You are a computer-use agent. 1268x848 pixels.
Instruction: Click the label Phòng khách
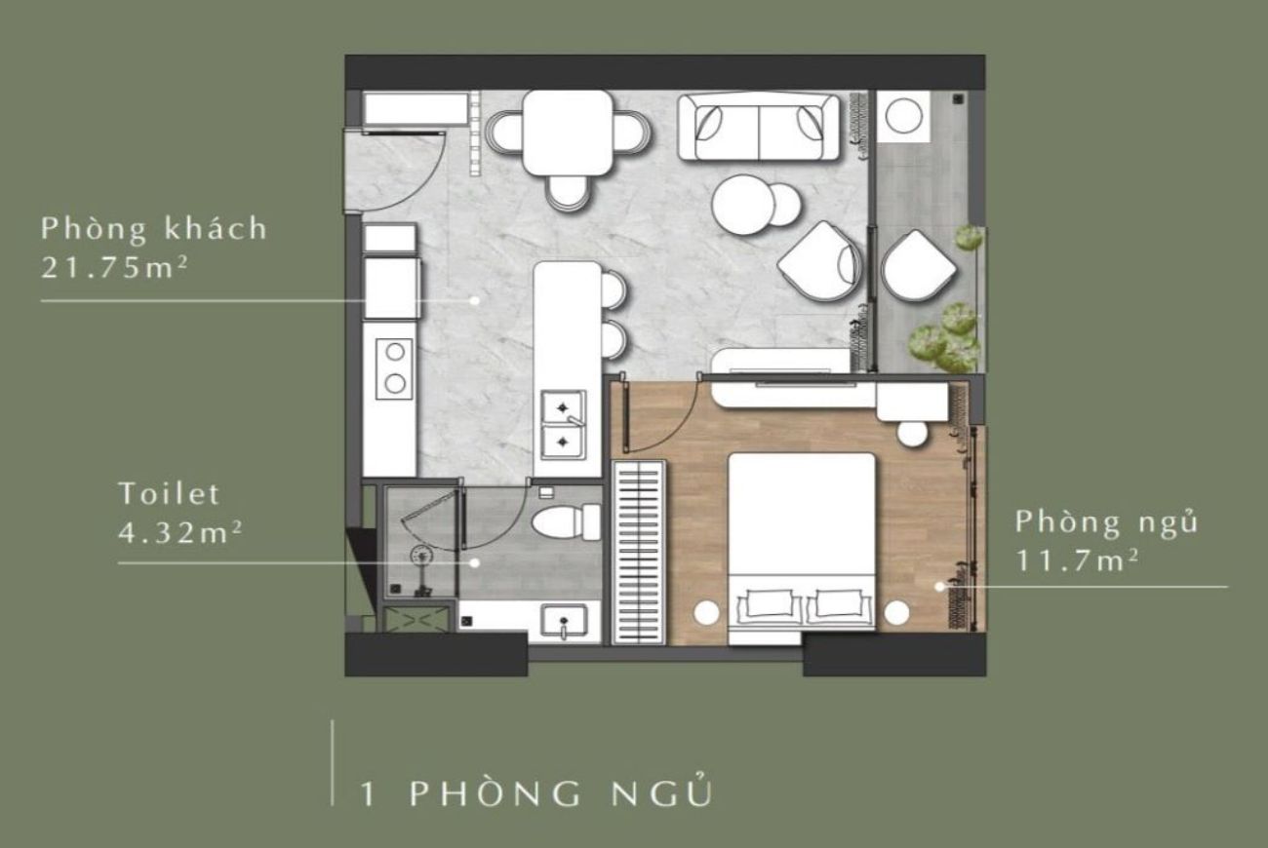153,229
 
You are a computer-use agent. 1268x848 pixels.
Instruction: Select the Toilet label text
169,493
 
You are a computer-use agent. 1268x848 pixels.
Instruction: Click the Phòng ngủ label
1106,522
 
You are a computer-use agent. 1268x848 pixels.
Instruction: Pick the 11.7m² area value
1076,561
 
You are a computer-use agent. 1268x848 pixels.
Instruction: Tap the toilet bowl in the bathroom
566,521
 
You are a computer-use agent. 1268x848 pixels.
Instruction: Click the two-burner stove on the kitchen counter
394,366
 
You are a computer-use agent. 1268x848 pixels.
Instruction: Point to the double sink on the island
564,424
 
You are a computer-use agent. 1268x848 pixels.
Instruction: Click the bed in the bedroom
802,546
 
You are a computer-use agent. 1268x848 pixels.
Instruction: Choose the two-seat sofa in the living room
759,128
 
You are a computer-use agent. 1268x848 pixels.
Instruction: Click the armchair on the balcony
917,265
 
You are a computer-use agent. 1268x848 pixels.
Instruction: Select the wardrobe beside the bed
640,552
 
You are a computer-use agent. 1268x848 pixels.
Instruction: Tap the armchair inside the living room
819,259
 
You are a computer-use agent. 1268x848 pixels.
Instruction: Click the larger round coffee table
743,205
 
